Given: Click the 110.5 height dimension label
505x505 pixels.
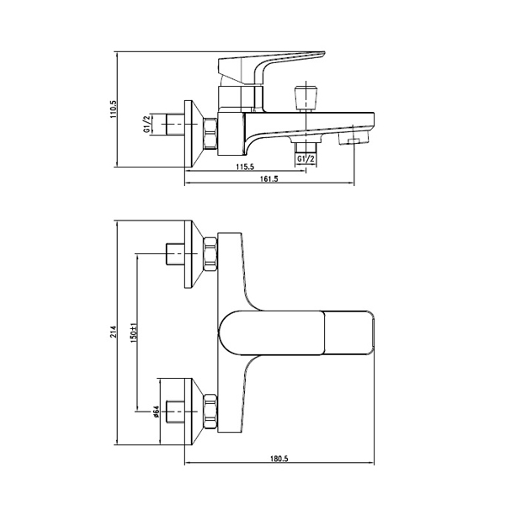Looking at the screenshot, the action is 114,109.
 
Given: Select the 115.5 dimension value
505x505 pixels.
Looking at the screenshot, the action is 246,167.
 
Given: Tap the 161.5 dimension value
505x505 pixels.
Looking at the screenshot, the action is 269,178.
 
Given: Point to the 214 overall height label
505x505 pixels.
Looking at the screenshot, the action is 114,332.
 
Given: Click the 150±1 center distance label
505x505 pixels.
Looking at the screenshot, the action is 134,332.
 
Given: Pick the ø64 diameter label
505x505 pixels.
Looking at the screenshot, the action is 157,412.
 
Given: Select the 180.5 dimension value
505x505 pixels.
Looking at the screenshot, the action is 279,459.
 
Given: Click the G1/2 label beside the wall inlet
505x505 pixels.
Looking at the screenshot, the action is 146,125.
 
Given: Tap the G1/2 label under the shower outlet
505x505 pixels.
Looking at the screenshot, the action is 306,158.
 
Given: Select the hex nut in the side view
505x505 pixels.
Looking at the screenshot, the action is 210,134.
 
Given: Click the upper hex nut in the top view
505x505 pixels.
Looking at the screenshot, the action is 210,254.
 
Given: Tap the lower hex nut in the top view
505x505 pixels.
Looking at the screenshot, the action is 210,412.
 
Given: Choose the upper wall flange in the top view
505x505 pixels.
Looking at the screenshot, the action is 194,254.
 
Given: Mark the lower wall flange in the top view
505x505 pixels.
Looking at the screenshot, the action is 194,412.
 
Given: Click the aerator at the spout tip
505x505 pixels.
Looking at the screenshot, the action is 353,140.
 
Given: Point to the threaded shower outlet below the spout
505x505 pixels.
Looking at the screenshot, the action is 306,146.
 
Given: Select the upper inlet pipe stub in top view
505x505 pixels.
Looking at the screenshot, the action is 176,254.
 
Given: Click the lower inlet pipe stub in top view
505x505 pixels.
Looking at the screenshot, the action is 176,412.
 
